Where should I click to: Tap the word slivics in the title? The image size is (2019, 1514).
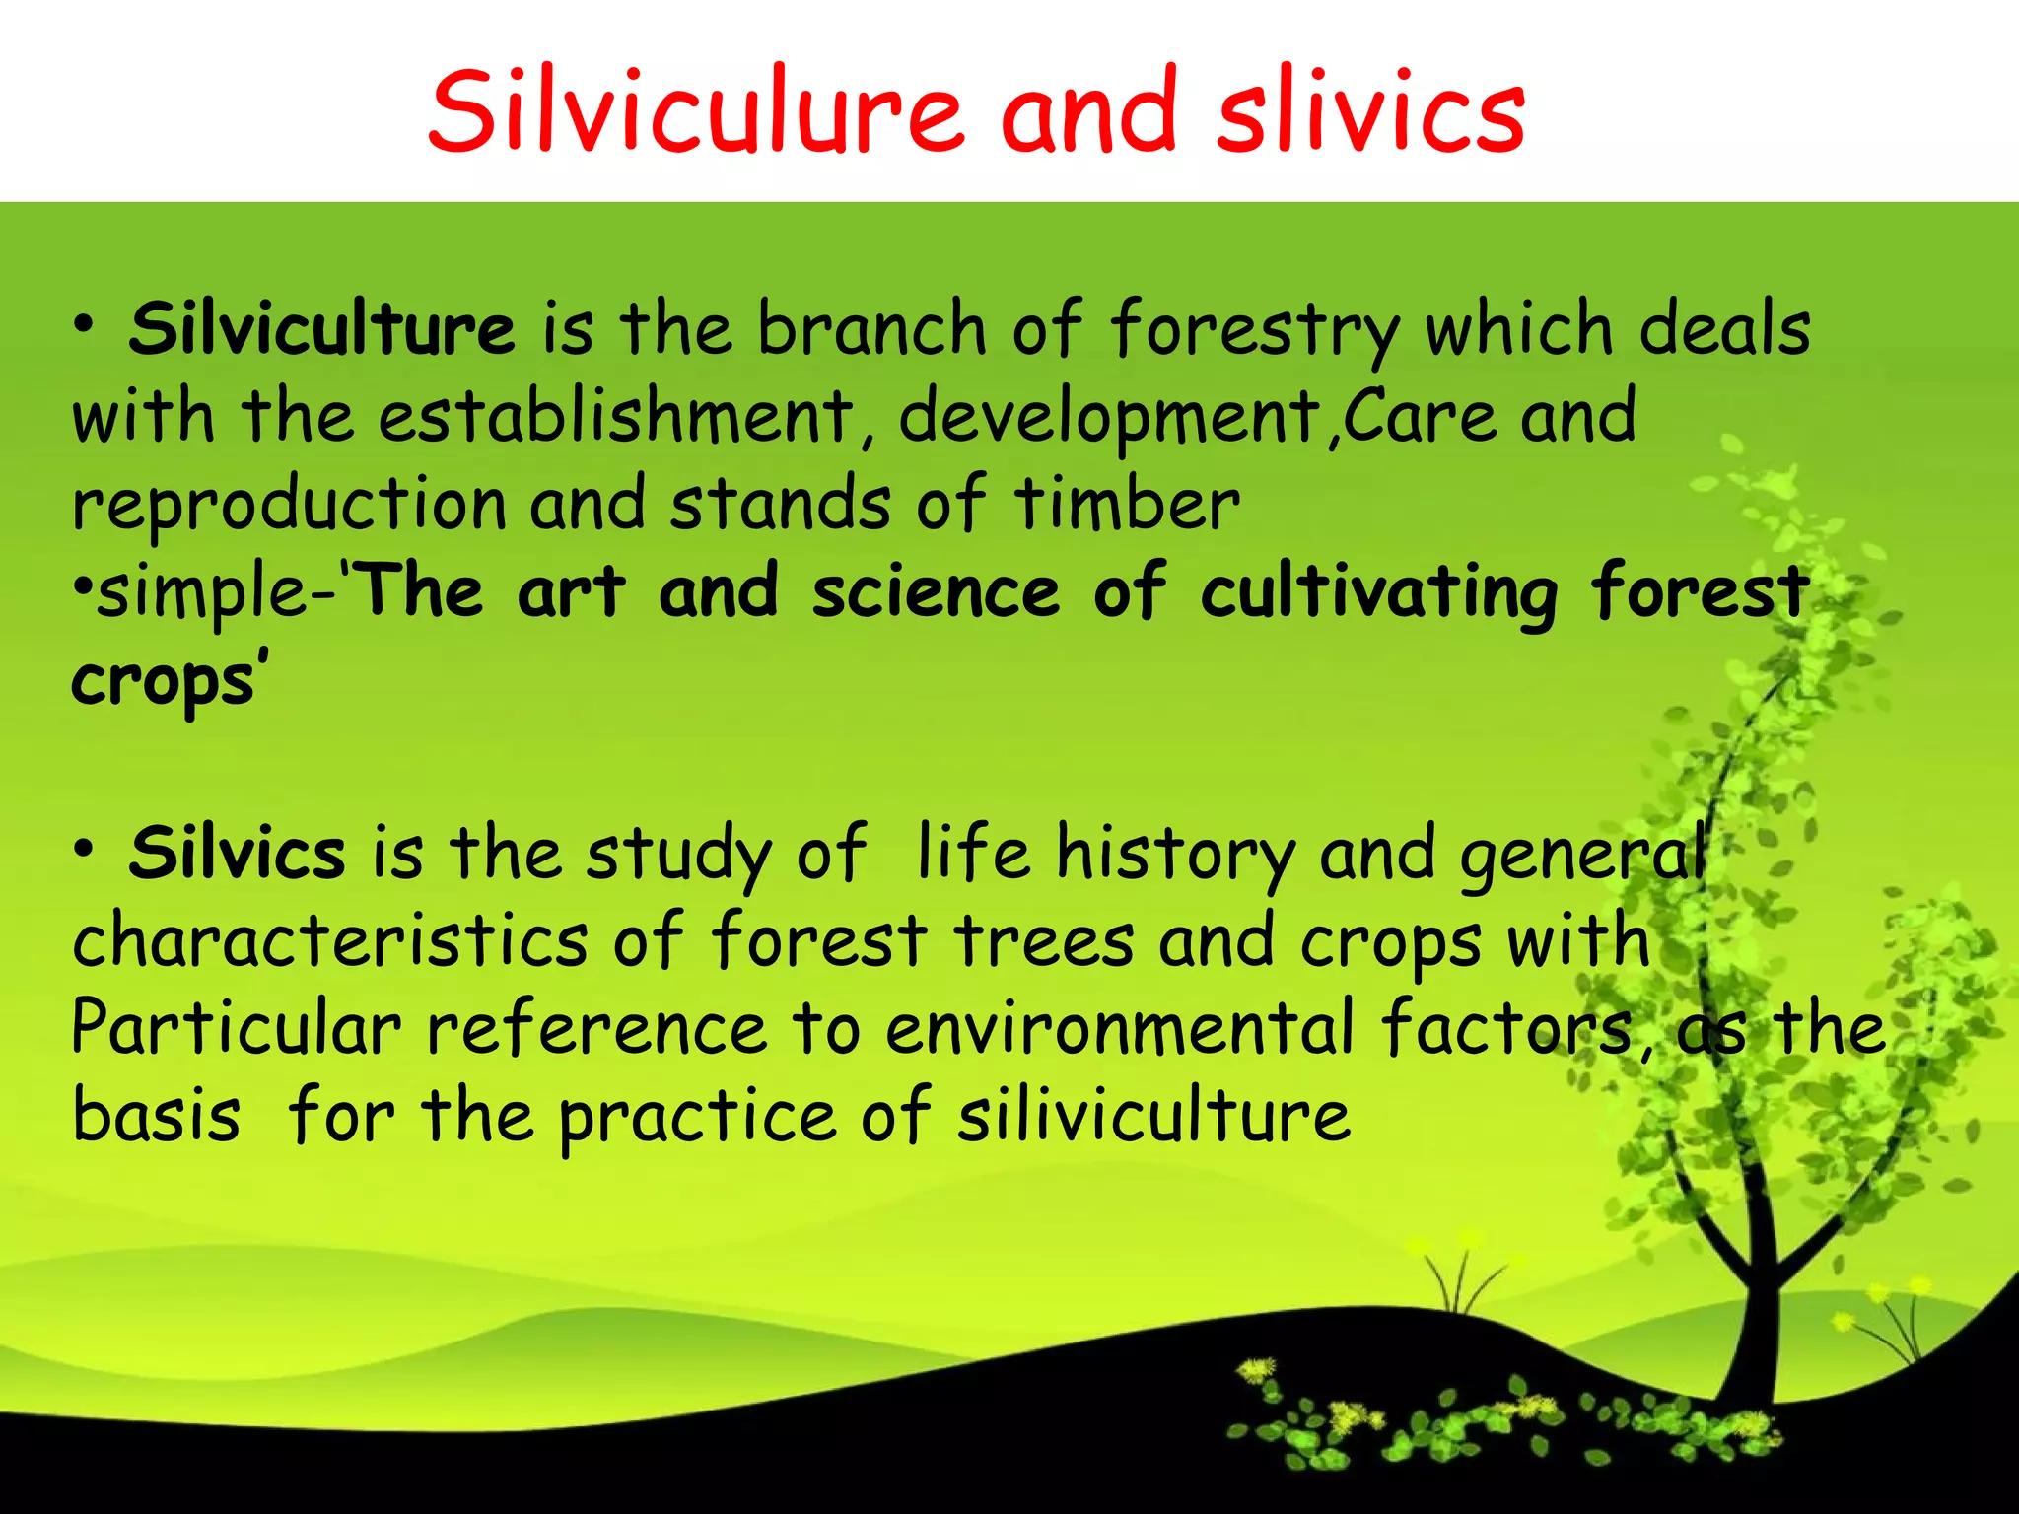tap(1370, 110)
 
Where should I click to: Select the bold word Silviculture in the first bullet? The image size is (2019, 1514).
tap(321, 329)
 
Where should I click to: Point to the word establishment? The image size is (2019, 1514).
tap(617, 416)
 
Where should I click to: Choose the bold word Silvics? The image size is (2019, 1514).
tap(237, 854)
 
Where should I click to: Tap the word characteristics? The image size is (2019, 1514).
tap(329, 940)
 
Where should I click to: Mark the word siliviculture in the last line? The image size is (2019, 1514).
tap(1153, 1116)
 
